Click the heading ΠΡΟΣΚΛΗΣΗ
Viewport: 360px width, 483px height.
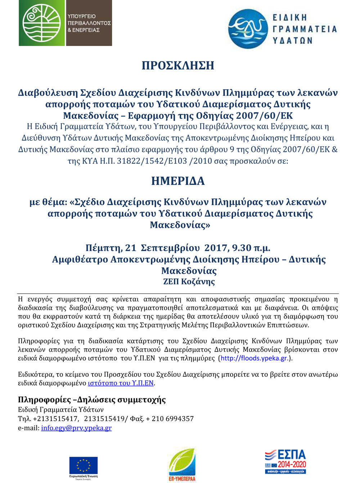click(178, 66)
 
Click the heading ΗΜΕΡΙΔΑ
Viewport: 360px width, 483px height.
click(178, 181)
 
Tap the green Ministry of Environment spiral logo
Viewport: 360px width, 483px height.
click(42, 23)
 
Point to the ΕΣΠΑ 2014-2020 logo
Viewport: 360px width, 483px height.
click(285, 461)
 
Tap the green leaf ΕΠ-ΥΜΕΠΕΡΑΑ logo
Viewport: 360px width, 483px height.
click(182, 464)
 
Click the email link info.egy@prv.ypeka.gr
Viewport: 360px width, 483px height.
click(76, 428)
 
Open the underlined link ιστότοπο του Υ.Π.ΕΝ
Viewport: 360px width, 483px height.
click(121, 383)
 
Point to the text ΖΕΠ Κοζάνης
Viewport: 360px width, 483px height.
click(189, 281)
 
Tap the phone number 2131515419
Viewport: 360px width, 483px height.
click(104, 419)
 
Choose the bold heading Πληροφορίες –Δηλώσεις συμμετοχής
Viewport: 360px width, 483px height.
click(92, 400)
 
